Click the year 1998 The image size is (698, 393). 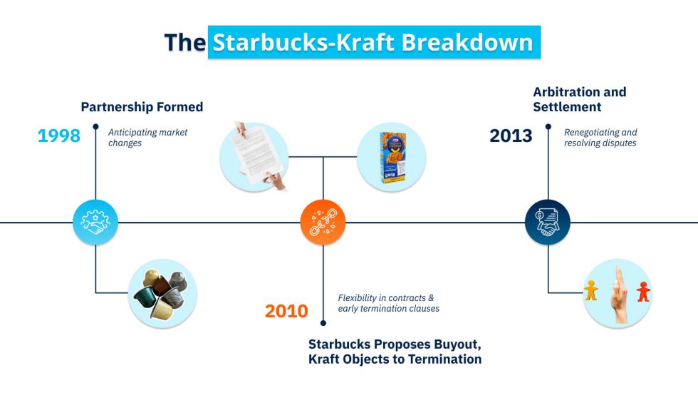(58, 136)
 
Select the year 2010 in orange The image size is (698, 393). (286, 311)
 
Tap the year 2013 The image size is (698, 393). (511, 136)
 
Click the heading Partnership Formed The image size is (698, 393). (142, 107)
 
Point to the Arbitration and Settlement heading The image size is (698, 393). (579, 99)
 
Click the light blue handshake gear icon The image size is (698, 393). (95, 222)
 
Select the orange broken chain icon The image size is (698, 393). (323, 222)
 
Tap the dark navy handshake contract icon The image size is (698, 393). (548, 222)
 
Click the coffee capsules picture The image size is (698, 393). (162, 293)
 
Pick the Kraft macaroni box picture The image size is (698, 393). (391, 157)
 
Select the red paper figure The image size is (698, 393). (643, 292)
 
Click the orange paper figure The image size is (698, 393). (590, 290)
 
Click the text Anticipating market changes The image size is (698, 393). (147, 138)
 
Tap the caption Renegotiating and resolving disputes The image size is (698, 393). (600, 138)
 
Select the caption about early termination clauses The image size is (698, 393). (388, 303)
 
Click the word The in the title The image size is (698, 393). (184, 42)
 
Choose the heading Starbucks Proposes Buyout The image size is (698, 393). (394, 343)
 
